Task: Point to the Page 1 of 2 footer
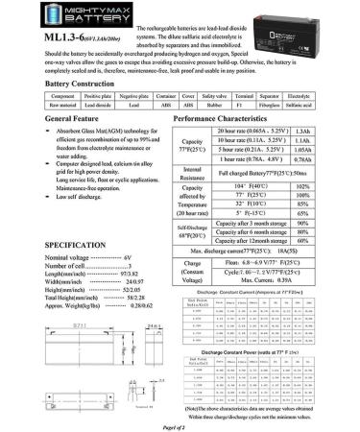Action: [180, 425]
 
